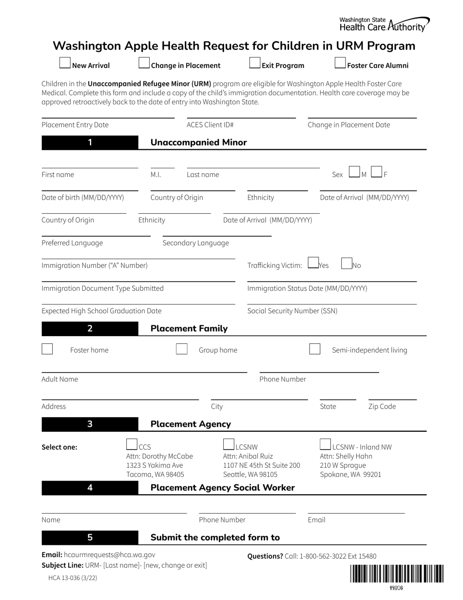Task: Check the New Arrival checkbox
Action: pyautogui.click(x=65, y=63)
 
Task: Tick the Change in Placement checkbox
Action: pyautogui.click(x=144, y=63)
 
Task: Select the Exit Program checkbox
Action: pyautogui.click(x=255, y=63)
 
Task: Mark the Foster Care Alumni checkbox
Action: pyautogui.click(x=340, y=63)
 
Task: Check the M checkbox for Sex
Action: pyautogui.click(x=354, y=172)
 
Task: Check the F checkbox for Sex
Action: pyautogui.click(x=376, y=172)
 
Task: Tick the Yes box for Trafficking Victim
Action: pyautogui.click(x=313, y=263)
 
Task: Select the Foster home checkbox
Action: pyautogui.click(x=47, y=349)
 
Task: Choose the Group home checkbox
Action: pyautogui.click(x=181, y=349)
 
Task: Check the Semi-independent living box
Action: pyautogui.click(x=315, y=349)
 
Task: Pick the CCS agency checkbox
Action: pyautogui.click(x=132, y=444)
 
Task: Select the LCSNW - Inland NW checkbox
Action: pyautogui.click(x=325, y=444)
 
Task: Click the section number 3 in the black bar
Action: pyautogui.click(x=90, y=424)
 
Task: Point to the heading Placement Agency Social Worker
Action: pyautogui.click(x=223, y=488)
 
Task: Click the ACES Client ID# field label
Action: pyautogui.click(x=210, y=125)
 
